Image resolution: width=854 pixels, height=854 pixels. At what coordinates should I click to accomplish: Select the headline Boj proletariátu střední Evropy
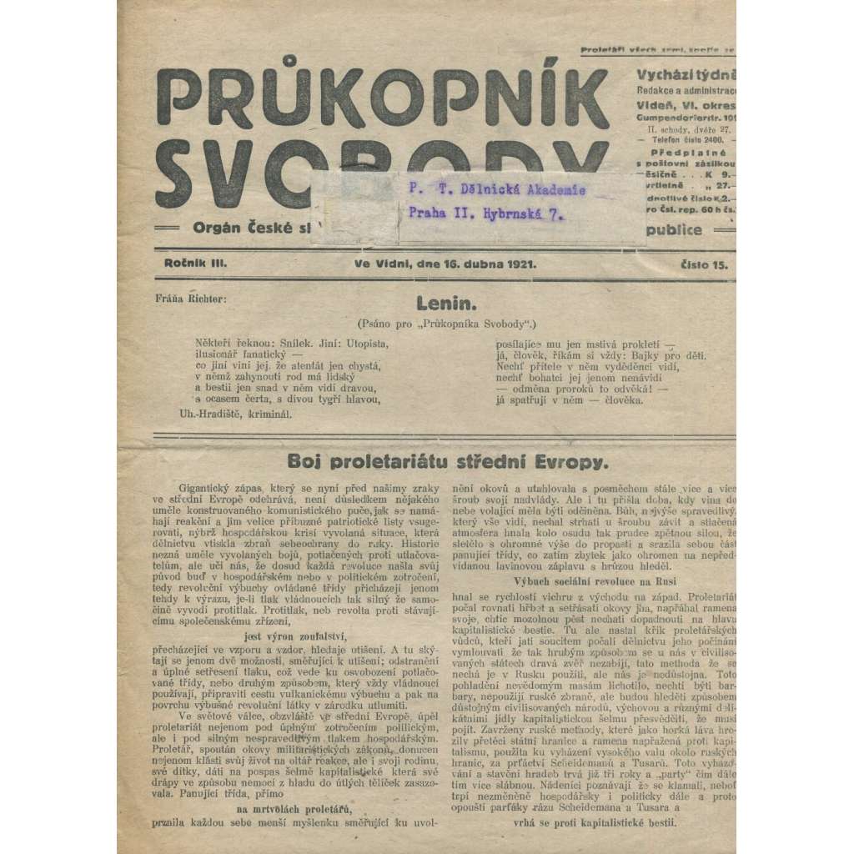point(448,460)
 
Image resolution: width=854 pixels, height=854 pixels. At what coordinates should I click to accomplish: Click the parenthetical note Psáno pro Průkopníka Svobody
point(445,322)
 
